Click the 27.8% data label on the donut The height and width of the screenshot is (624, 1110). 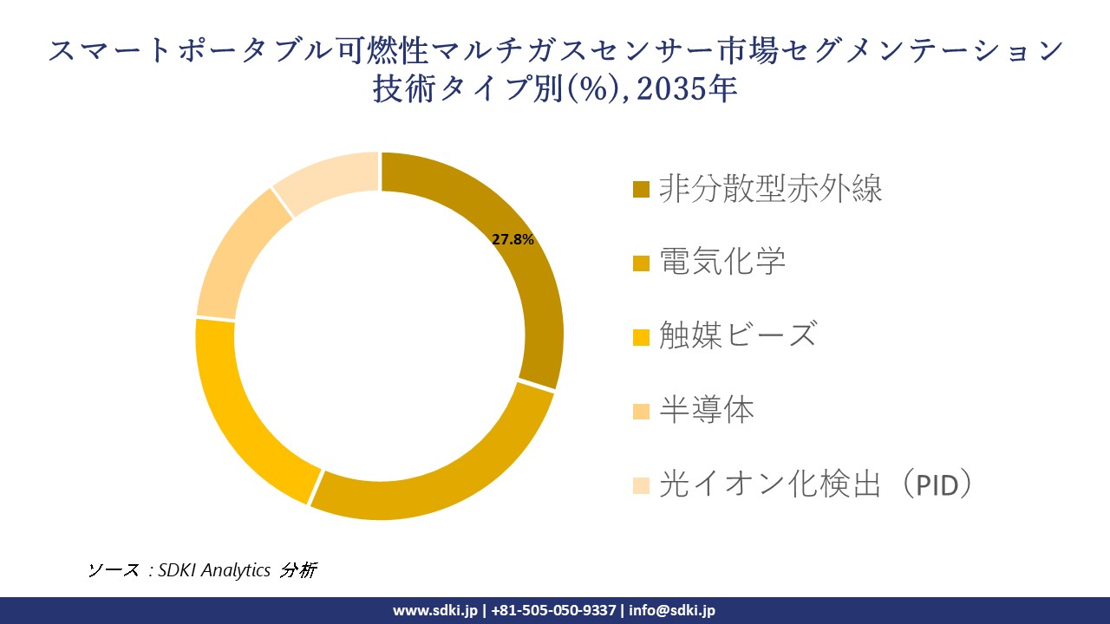[513, 240]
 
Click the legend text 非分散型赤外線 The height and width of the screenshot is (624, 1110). [770, 188]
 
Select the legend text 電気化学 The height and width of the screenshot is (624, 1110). [721, 261]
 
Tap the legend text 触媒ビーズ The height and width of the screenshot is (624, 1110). [737, 335]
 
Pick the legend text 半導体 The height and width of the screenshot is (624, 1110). [706, 409]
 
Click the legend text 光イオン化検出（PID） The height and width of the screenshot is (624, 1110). [815, 484]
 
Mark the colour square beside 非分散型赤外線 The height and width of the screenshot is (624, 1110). [642, 189]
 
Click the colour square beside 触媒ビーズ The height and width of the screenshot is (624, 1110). [642, 335]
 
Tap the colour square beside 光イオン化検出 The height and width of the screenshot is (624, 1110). [642, 484]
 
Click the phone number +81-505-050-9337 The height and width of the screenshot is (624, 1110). [554, 610]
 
